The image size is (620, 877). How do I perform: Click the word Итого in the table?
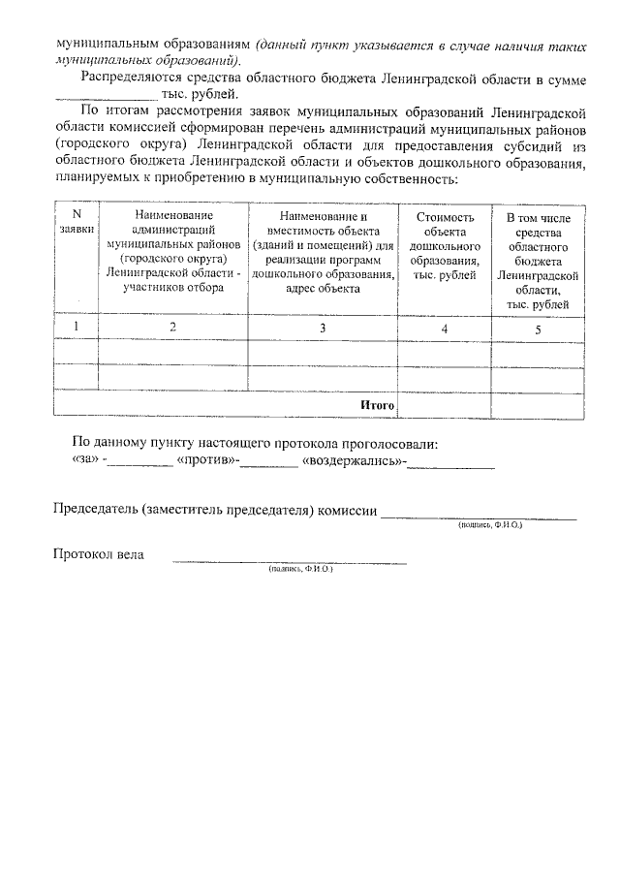[x=377, y=404]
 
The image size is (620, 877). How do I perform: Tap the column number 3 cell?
[x=324, y=329]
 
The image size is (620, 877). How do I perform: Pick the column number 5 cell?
[x=538, y=329]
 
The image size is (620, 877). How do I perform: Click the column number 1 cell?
[x=77, y=328]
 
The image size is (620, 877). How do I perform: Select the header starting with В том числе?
[x=538, y=261]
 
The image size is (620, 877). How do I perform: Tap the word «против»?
[x=207, y=462]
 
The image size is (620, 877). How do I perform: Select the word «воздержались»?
[x=354, y=462]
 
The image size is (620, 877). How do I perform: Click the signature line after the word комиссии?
[x=479, y=515]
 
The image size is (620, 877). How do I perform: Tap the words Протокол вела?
[x=98, y=554]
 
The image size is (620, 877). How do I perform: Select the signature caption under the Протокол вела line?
[x=300, y=571]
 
